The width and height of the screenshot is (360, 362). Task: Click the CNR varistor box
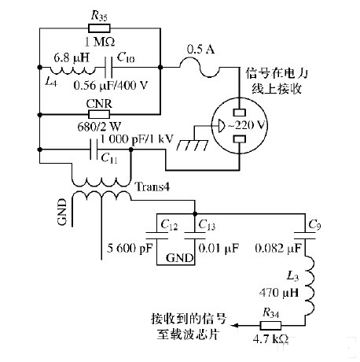(x=99, y=113)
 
